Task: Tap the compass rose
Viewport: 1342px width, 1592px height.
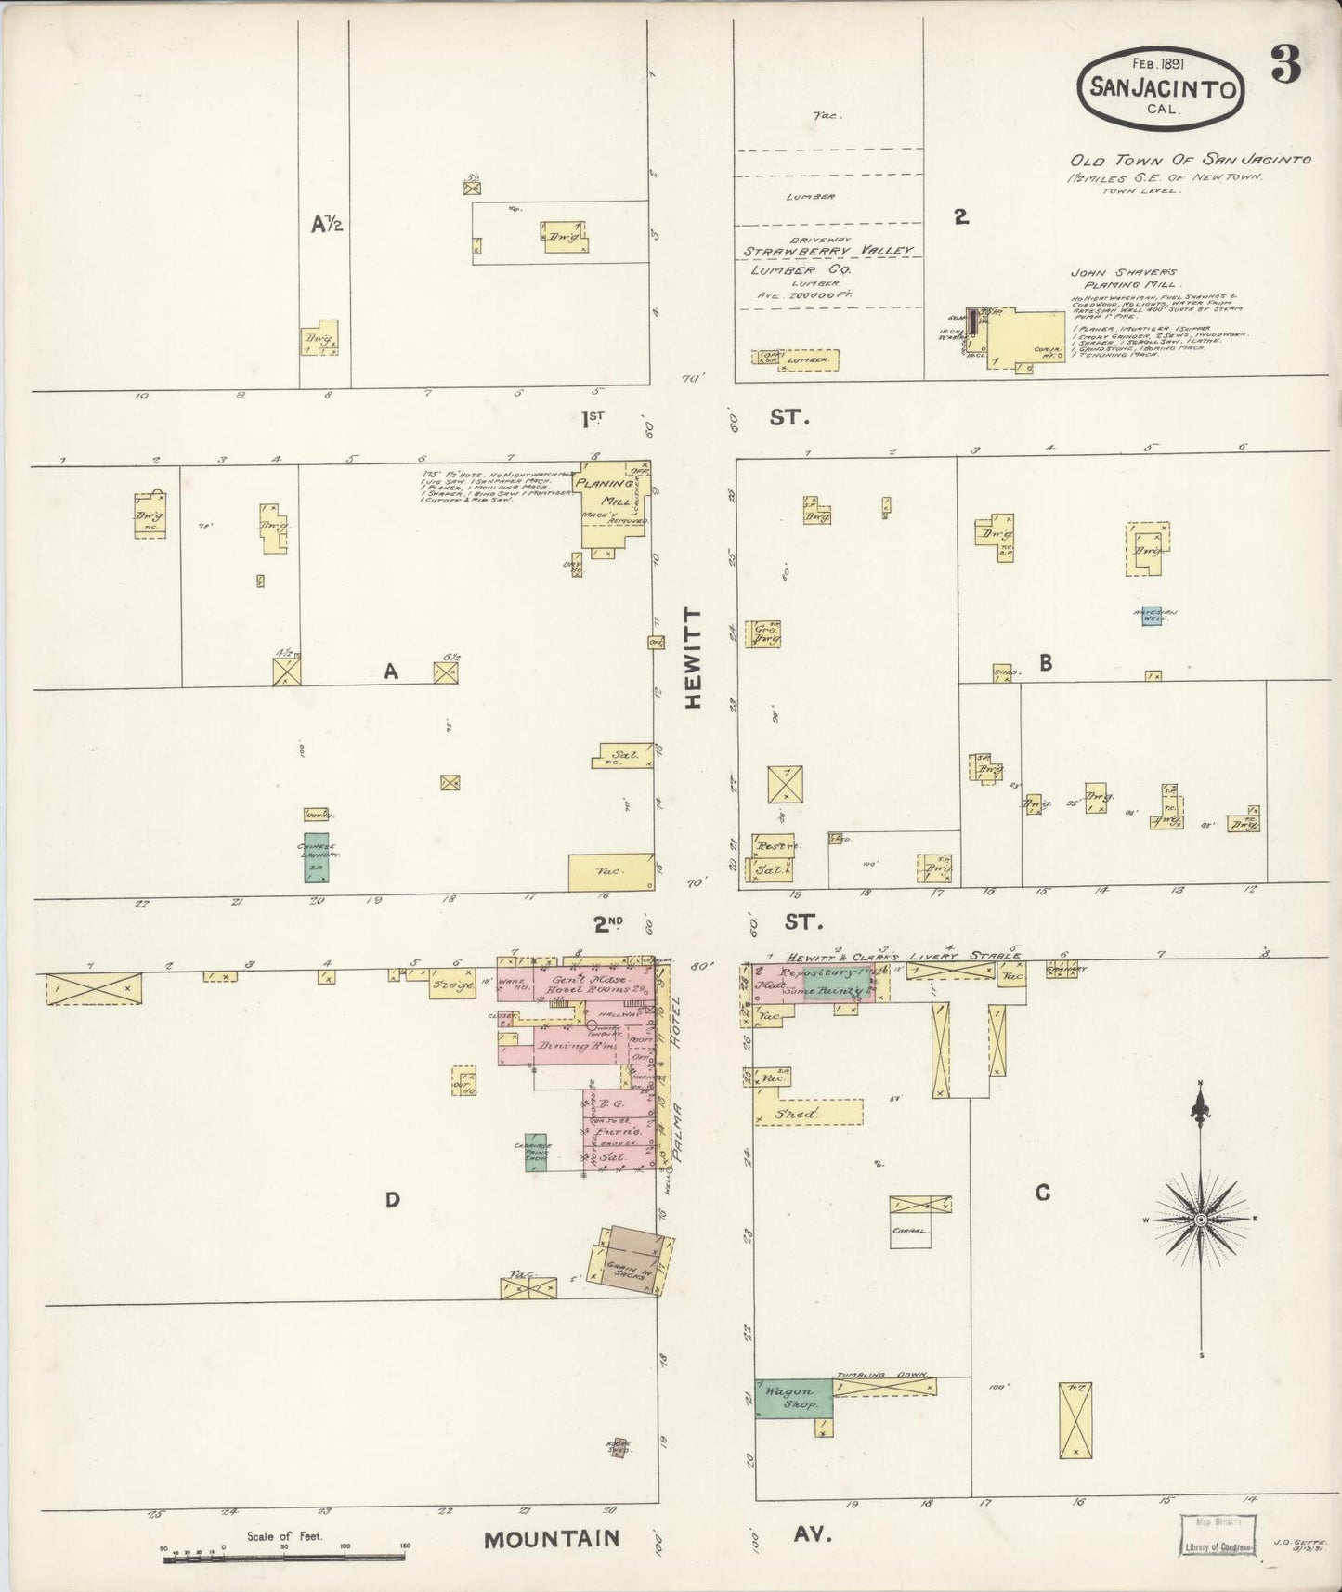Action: pos(1200,1219)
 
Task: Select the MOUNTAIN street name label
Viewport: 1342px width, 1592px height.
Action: pos(551,1539)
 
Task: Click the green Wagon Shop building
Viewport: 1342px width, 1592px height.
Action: pos(792,1398)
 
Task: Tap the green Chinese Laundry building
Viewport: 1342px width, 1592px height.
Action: pos(316,861)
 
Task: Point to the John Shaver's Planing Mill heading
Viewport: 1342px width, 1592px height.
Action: pos(1124,278)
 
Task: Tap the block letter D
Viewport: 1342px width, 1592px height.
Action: pos(392,1200)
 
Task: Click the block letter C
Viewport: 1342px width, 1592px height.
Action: pos(1042,1192)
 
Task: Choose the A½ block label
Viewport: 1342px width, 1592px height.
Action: pos(326,223)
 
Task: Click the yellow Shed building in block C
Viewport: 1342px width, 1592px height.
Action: pos(808,1113)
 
